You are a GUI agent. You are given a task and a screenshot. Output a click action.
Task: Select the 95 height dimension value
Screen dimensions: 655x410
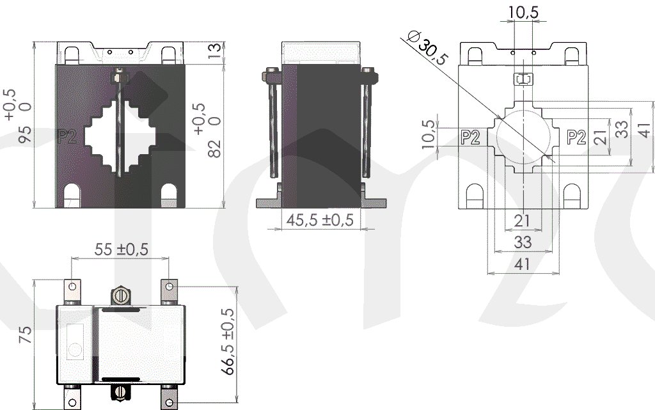click(25, 134)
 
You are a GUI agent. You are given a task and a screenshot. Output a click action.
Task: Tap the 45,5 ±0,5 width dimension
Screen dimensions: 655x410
click(320, 220)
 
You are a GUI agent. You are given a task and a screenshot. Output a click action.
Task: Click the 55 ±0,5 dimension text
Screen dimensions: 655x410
click(121, 249)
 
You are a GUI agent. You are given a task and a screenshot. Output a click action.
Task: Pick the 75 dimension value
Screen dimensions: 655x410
click(25, 335)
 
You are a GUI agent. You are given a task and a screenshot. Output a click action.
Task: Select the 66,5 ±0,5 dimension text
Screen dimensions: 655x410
click(228, 342)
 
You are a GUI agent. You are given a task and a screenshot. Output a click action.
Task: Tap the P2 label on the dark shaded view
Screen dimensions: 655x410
click(67, 136)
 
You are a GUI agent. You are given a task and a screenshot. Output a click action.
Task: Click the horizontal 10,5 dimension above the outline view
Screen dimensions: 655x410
click(523, 12)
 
